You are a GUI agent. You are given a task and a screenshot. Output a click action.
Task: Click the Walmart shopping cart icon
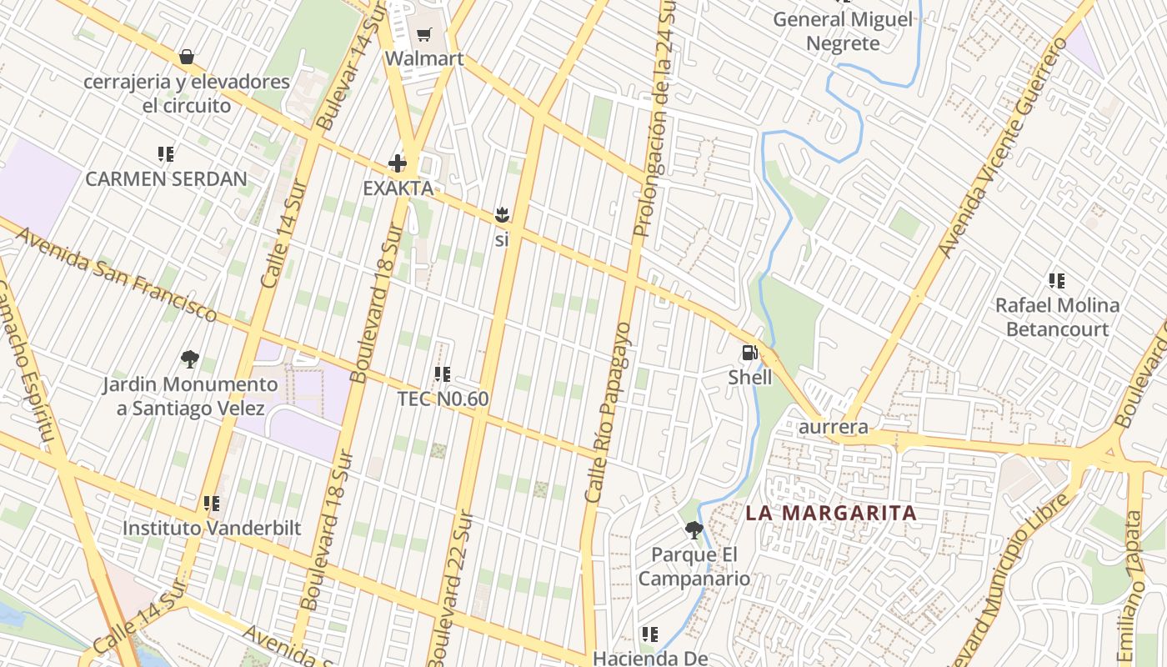click(424, 34)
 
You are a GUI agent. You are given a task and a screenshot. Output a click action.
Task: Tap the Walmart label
click(424, 58)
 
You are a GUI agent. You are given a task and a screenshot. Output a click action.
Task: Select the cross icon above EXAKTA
click(398, 163)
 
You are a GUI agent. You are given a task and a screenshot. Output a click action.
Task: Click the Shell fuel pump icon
click(749, 353)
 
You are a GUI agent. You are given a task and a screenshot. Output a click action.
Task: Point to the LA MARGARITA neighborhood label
click(831, 513)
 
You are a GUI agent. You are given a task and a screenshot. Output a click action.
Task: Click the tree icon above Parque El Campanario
click(694, 530)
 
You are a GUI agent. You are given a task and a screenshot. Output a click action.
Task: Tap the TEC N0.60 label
click(443, 399)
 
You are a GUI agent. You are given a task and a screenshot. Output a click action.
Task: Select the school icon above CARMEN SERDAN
click(166, 154)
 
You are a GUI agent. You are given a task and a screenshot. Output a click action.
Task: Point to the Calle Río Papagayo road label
click(608, 413)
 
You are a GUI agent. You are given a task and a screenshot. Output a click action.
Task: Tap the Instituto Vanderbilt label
click(212, 528)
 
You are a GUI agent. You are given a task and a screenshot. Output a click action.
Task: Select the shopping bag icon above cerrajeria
click(187, 57)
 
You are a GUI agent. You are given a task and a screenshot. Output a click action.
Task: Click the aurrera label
click(834, 427)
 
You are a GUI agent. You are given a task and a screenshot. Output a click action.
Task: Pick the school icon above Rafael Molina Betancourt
click(1057, 281)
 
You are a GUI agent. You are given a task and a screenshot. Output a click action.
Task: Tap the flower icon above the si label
click(501, 215)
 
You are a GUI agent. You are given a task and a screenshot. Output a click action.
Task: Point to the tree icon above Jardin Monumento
click(190, 359)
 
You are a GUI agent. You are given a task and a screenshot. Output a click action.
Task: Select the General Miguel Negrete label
click(843, 31)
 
